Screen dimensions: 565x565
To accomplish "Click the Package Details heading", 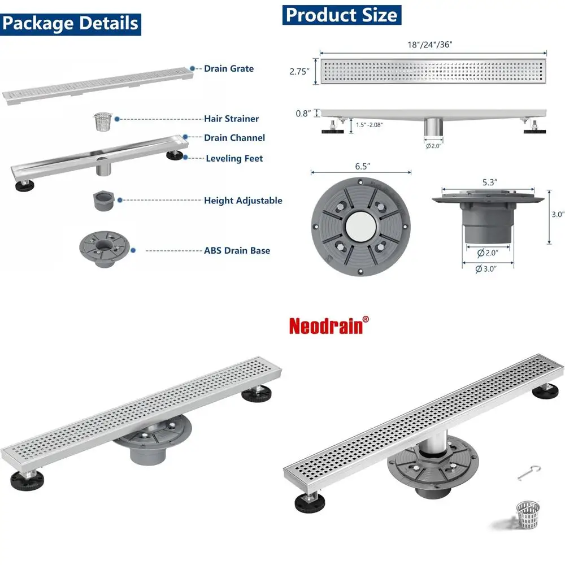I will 70,24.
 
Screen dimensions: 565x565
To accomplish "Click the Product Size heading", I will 341,14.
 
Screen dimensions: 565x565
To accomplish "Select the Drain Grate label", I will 229,68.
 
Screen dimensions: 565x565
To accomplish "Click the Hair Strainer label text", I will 231,119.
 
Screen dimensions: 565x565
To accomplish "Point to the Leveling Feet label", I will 234,159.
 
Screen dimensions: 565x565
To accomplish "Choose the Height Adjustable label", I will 243,201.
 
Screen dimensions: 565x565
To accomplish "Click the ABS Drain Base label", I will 237,250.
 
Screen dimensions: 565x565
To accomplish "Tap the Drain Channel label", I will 234,138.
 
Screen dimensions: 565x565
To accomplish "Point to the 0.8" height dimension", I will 303,113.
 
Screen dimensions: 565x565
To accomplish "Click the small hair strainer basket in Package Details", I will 102,121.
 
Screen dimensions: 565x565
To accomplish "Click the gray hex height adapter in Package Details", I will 103,201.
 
